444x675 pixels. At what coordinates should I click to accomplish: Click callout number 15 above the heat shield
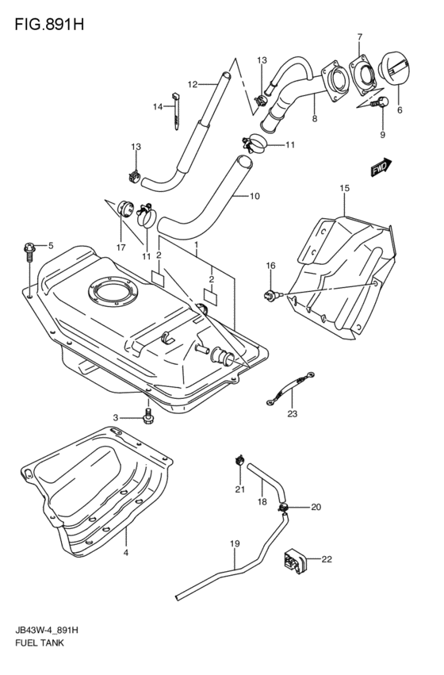coord(344,188)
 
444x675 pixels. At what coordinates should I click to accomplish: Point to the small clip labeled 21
coord(238,460)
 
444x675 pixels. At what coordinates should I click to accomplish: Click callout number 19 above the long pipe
coord(234,543)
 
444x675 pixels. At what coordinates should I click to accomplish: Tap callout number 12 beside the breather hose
coord(192,84)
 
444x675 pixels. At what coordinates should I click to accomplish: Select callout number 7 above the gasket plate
coord(359,36)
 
